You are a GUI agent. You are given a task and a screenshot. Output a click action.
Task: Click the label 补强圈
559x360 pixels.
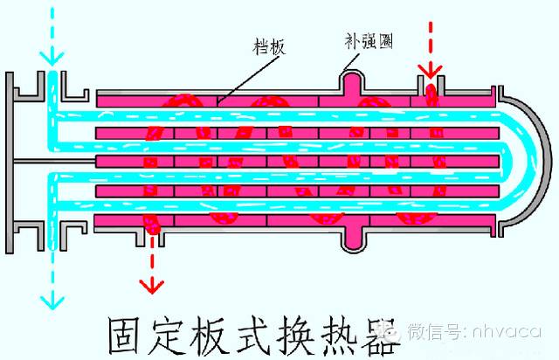coord(368,38)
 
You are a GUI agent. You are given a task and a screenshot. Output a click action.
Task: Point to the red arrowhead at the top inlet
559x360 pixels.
coord(426,68)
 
